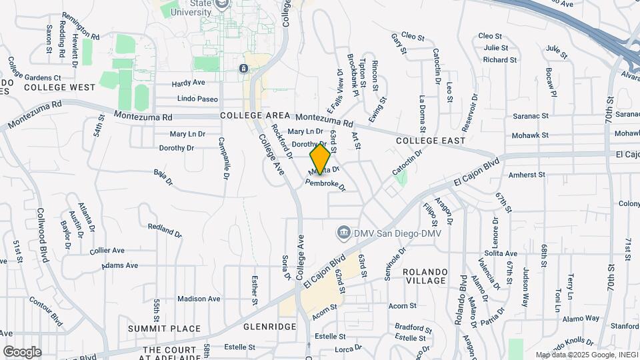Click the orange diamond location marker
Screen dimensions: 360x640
pyautogui.click(x=320, y=159)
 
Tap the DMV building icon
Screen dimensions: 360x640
pyautogui.click(x=343, y=232)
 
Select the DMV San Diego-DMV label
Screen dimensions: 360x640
pyautogui.click(x=393, y=232)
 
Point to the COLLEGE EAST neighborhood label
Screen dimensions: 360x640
pyautogui.click(x=430, y=141)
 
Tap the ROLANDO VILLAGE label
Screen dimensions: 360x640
pyautogui.click(x=424, y=276)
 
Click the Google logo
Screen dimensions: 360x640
pyautogui.click(x=22, y=351)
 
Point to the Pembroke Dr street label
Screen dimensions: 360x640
pyautogui.click(x=325, y=185)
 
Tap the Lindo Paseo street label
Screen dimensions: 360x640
pyautogui.click(x=197, y=99)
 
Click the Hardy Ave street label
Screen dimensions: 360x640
pyautogui.click(x=188, y=83)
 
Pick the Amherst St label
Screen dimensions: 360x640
pyautogui.click(x=527, y=175)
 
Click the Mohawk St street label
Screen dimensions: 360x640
pyautogui.click(x=531, y=135)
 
